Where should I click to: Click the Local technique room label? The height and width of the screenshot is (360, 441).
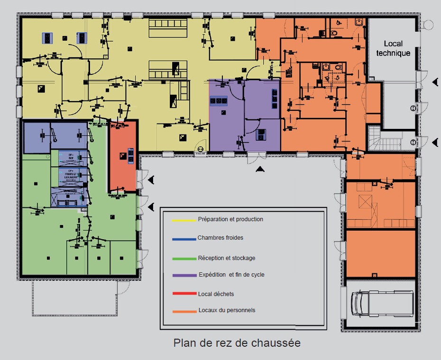(393, 48)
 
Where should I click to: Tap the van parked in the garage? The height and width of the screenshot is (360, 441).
(381, 304)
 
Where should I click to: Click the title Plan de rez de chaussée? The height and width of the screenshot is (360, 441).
(237, 342)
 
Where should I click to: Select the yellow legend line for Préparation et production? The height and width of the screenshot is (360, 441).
(184, 220)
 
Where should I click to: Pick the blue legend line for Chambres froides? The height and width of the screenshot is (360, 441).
(184, 239)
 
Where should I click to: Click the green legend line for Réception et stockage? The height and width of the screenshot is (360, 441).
(184, 259)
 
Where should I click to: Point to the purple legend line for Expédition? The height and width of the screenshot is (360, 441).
(184, 275)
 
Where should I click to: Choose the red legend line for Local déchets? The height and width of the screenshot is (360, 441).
(184, 294)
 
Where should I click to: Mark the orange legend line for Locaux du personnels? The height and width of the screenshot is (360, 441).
(184, 311)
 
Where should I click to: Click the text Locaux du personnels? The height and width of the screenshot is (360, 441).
(227, 310)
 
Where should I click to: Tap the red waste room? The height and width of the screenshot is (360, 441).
(123, 156)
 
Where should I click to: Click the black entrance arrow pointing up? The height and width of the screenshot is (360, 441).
(259, 169)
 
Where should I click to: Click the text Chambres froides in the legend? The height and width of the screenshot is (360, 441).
(220, 238)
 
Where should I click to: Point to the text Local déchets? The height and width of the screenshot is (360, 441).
(216, 294)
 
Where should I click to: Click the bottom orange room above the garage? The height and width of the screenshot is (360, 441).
(381, 253)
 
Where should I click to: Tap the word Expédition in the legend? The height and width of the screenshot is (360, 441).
(212, 275)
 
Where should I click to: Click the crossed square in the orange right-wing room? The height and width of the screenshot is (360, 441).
(366, 202)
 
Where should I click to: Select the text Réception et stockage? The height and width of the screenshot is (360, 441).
(227, 258)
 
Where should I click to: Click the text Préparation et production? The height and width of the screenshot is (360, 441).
(230, 219)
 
